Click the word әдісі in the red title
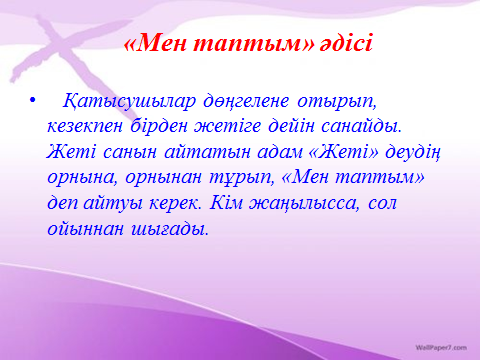pyautogui.click(x=346, y=44)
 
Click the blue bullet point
pyautogui.click(x=32, y=100)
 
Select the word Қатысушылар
pyautogui.click(x=129, y=101)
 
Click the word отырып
pyautogui.click(x=337, y=102)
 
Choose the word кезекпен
pyautogui.click(x=85, y=127)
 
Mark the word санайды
pyautogui.click(x=361, y=127)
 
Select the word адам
pyautogui.click(x=279, y=152)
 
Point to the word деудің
pyautogui.click(x=413, y=153)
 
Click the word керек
pyautogui.click(x=175, y=203)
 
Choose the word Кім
pyautogui.click(x=226, y=203)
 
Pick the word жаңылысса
pyautogui.click(x=305, y=203)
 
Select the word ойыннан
pyautogui.click(x=85, y=229)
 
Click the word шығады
pyautogui.click(x=170, y=229)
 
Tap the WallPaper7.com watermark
pyautogui.click(x=441, y=348)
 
